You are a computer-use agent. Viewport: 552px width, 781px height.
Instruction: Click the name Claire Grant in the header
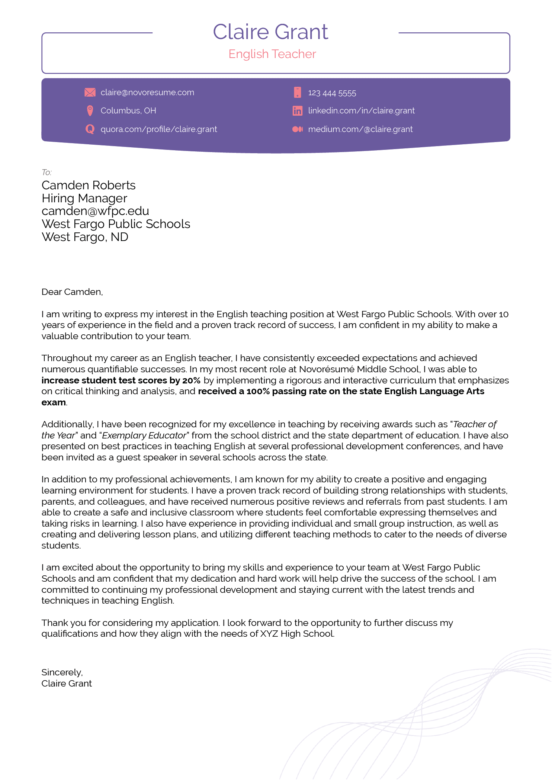270,32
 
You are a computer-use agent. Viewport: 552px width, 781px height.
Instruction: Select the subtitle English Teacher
272,54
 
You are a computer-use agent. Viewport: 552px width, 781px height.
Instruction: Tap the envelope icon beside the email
90,93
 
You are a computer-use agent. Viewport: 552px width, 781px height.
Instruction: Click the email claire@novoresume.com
147,93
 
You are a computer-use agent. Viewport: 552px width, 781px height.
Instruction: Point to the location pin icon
90,111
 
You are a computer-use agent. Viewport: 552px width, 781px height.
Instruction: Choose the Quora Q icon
90,129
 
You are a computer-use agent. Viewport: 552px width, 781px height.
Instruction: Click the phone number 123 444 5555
332,93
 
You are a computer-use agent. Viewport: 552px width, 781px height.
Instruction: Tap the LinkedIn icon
297,111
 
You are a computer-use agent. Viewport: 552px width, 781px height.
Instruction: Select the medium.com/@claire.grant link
360,129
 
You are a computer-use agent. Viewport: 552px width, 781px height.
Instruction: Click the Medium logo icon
297,129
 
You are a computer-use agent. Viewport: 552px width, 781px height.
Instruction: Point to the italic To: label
46,173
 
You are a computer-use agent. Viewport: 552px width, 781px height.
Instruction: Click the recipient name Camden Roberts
89,185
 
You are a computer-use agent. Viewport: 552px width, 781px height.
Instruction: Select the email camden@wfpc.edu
95,211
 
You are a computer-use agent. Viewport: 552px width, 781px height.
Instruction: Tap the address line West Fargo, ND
85,237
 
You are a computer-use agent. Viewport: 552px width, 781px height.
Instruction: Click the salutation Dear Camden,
72,292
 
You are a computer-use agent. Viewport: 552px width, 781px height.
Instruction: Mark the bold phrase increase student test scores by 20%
121,380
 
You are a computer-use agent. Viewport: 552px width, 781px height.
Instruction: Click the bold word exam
54,402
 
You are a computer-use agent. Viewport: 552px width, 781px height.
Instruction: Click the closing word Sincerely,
62,672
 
